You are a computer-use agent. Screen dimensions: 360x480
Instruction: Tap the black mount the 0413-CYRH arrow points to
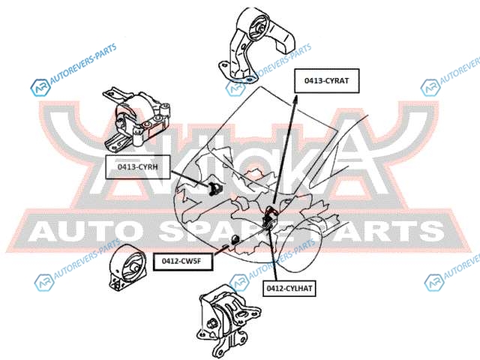click(x=212, y=186)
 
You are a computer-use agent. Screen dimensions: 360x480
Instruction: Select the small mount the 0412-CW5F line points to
click(x=235, y=239)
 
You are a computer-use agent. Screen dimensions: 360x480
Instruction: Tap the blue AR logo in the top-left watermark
click(x=37, y=89)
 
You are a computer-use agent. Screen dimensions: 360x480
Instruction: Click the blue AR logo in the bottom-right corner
click(x=433, y=282)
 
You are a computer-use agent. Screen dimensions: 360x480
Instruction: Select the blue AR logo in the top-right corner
click(x=430, y=88)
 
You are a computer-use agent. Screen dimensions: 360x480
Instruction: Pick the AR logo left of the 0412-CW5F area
click(x=42, y=283)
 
